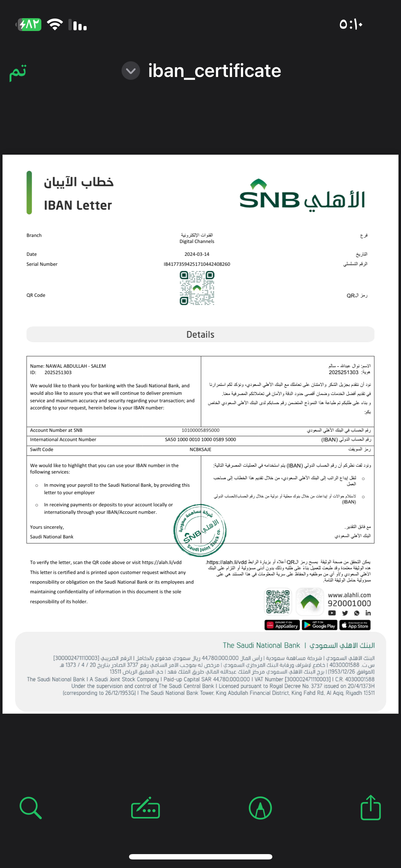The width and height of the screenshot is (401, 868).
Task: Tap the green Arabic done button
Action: pyautogui.click(x=18, y=72)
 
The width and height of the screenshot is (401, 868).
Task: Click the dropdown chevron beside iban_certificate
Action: pyautogui.click(x=131, y=71)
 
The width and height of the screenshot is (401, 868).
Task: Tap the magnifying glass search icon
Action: pyautogui.click(x=31, y=808)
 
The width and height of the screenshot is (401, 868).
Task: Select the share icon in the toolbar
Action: pyautogui.click(x=371, y=808)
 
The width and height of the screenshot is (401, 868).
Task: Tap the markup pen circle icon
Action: pyautogui.click(x=260, y=808)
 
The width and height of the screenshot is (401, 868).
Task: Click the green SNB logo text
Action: pyautogui.click(x=269, y=199)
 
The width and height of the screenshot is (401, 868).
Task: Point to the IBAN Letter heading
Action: pyautogui.click(x=78, y=205)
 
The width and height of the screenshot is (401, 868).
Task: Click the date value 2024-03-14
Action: pyautogui.click(x=197, y=254)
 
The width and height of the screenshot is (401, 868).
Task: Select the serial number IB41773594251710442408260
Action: pyautogui.click(x=197, y=264)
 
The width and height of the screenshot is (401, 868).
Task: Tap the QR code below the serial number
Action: pyautogui.click(x=197, y=288)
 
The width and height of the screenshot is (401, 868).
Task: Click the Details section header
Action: pyautogui.click(x=200, y=335)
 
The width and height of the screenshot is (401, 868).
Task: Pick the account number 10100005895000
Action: pyautogui.click(x=200, y=430)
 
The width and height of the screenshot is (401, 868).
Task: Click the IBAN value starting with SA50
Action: pyautogui.click(x=200, y=439)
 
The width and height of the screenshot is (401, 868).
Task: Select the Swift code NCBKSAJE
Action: pyautogui.click(x=200, y=449)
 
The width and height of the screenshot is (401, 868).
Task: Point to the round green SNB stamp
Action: pyautogui.click(x=200, y=530)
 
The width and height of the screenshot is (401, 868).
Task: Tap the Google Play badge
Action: pyautogui.click(x=319, y=625)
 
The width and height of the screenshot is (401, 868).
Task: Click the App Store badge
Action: pyautogui.click(x=355, y=625)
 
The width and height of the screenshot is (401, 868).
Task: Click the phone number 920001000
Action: pyautogui.click(x=349, y=603)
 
